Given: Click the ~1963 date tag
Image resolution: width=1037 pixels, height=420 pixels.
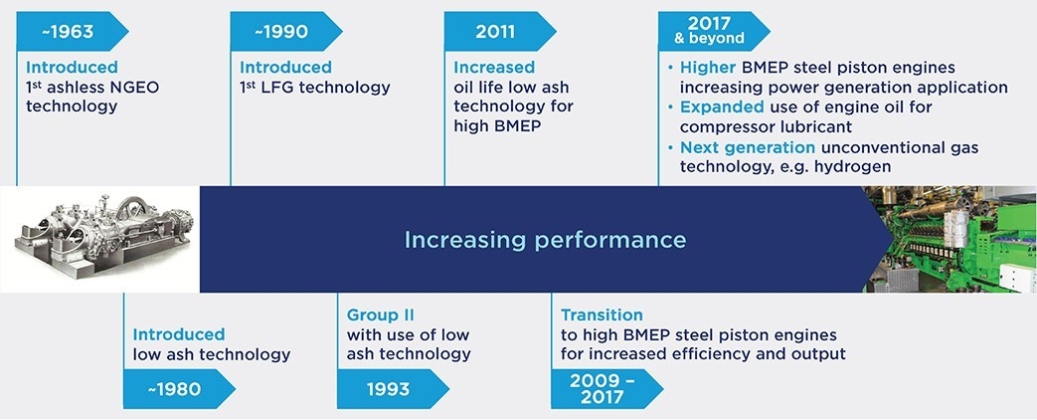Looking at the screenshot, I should pos(68,31).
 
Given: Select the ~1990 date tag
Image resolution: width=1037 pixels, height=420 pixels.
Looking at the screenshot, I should pos(281,31).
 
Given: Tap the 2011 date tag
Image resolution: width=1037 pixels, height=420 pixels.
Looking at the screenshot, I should pos(495,31).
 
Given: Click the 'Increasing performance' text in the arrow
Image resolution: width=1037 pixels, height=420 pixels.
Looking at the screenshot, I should pos(544,240).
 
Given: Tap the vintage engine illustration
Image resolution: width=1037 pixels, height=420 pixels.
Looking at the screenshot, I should pos(99,240).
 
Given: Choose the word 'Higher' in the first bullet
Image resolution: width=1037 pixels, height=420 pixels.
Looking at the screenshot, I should pos(704,68).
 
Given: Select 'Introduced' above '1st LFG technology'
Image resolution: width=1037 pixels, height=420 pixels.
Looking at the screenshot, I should pos(285,68).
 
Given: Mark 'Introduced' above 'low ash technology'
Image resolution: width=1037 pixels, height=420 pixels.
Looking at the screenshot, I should pos(179,334).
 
